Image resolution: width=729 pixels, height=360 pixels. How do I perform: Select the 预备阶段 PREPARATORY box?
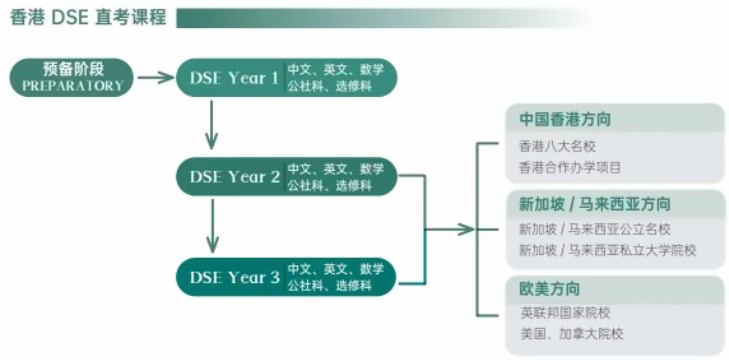tap(73, 77)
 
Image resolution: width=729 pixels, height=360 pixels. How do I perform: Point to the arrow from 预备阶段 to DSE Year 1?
tap(155, 77)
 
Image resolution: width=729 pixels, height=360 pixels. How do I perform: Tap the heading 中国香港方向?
tap(565, 119)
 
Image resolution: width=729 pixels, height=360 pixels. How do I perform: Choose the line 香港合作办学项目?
tap(570, 167)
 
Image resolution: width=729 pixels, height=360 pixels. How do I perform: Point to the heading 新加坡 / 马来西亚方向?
tap(594, 204)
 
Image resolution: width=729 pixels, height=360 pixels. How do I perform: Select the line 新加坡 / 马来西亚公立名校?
tap(595, 230)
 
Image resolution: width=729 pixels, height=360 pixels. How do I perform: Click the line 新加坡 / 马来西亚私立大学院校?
tap(607, 250)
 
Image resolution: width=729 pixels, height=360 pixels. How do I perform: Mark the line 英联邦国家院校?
tap(565, 313)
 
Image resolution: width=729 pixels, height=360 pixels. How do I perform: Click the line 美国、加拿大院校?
tap(571, 333)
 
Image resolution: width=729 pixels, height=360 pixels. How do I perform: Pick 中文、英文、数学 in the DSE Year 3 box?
tap(335, 269)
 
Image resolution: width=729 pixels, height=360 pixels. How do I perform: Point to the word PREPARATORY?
tap(73, 87)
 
